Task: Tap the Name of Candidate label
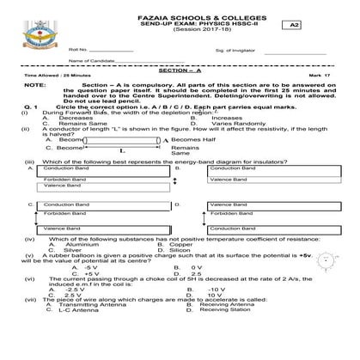(91, 61)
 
